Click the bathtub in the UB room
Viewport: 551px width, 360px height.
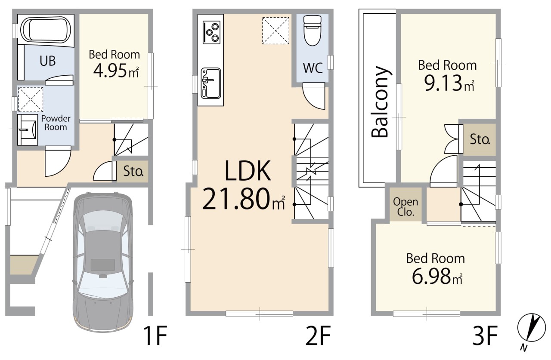(x=46, y=31)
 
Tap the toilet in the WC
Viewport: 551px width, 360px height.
(x=313, y=31)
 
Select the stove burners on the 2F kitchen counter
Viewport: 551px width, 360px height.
(x=211, y=32)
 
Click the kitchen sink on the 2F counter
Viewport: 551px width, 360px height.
(x=211, y=83)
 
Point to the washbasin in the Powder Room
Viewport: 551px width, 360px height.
(x=27, y=130)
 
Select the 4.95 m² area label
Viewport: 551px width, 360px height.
(x=116, y=71)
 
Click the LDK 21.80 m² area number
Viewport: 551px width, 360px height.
(x=244, y=199)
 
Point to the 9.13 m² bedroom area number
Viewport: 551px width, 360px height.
(x=449, y=83)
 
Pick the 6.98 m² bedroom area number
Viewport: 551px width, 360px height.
(x=437, y=276)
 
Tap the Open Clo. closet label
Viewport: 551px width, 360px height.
(x=406, y=206)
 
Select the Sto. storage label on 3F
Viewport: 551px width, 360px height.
(x=480, y=139)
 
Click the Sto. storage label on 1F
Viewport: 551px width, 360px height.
(x=133, y=171)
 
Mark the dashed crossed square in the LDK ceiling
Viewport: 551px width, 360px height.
(x=275, y=31)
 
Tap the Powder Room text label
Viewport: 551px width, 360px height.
(x=56, y=123)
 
